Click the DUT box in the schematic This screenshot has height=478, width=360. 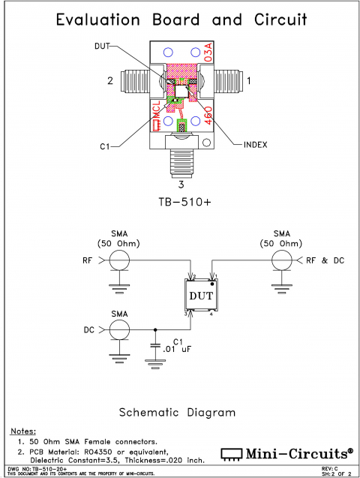point(201,296)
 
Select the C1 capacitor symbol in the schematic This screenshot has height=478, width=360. point(155,347)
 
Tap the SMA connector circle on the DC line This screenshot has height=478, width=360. point(118,329)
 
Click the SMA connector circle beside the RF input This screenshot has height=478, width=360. point(118,260)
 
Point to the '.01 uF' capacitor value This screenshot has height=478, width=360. point(177,349)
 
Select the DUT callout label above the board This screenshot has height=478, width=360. point(103,47)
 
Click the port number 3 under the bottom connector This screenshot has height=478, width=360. point(180,183)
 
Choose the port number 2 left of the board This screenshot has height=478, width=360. point(109,79)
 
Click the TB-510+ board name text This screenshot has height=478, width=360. point(180,203)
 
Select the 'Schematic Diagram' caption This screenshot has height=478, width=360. point(178,412)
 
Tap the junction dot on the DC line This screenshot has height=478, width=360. point(155,329)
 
